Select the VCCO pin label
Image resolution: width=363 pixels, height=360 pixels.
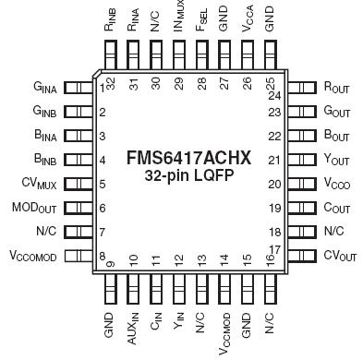339,183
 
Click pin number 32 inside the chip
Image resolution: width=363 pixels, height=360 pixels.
109,81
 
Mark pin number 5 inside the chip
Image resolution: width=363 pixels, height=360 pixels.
102,183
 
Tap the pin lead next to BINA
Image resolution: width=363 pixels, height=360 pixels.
82,135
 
